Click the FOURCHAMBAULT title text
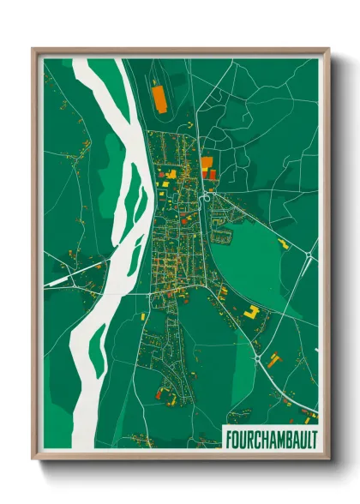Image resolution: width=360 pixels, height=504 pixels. coord(270,439)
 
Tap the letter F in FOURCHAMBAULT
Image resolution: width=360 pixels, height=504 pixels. coord(227,439)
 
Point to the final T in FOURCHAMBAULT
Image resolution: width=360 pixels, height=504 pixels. coord(313,439)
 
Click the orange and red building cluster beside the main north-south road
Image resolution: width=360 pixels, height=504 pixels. coord(207,166)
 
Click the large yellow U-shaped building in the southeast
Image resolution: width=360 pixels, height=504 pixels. coord(251,311)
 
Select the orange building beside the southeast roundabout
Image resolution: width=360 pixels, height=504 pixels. coord(273,359)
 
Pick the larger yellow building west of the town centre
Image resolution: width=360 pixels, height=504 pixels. coord(170,174)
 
